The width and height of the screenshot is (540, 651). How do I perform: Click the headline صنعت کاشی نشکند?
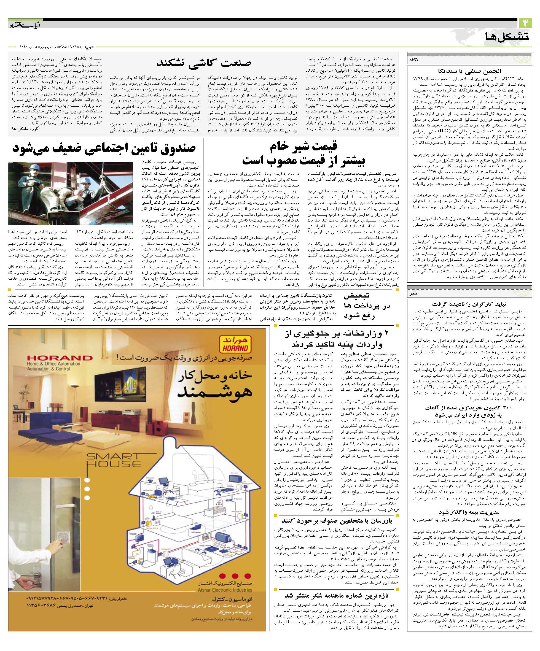point(204,63)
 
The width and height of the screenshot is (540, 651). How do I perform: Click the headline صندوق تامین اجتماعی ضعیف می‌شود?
point(104,148)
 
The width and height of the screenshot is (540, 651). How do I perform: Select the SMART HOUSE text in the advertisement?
point(113,460)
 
